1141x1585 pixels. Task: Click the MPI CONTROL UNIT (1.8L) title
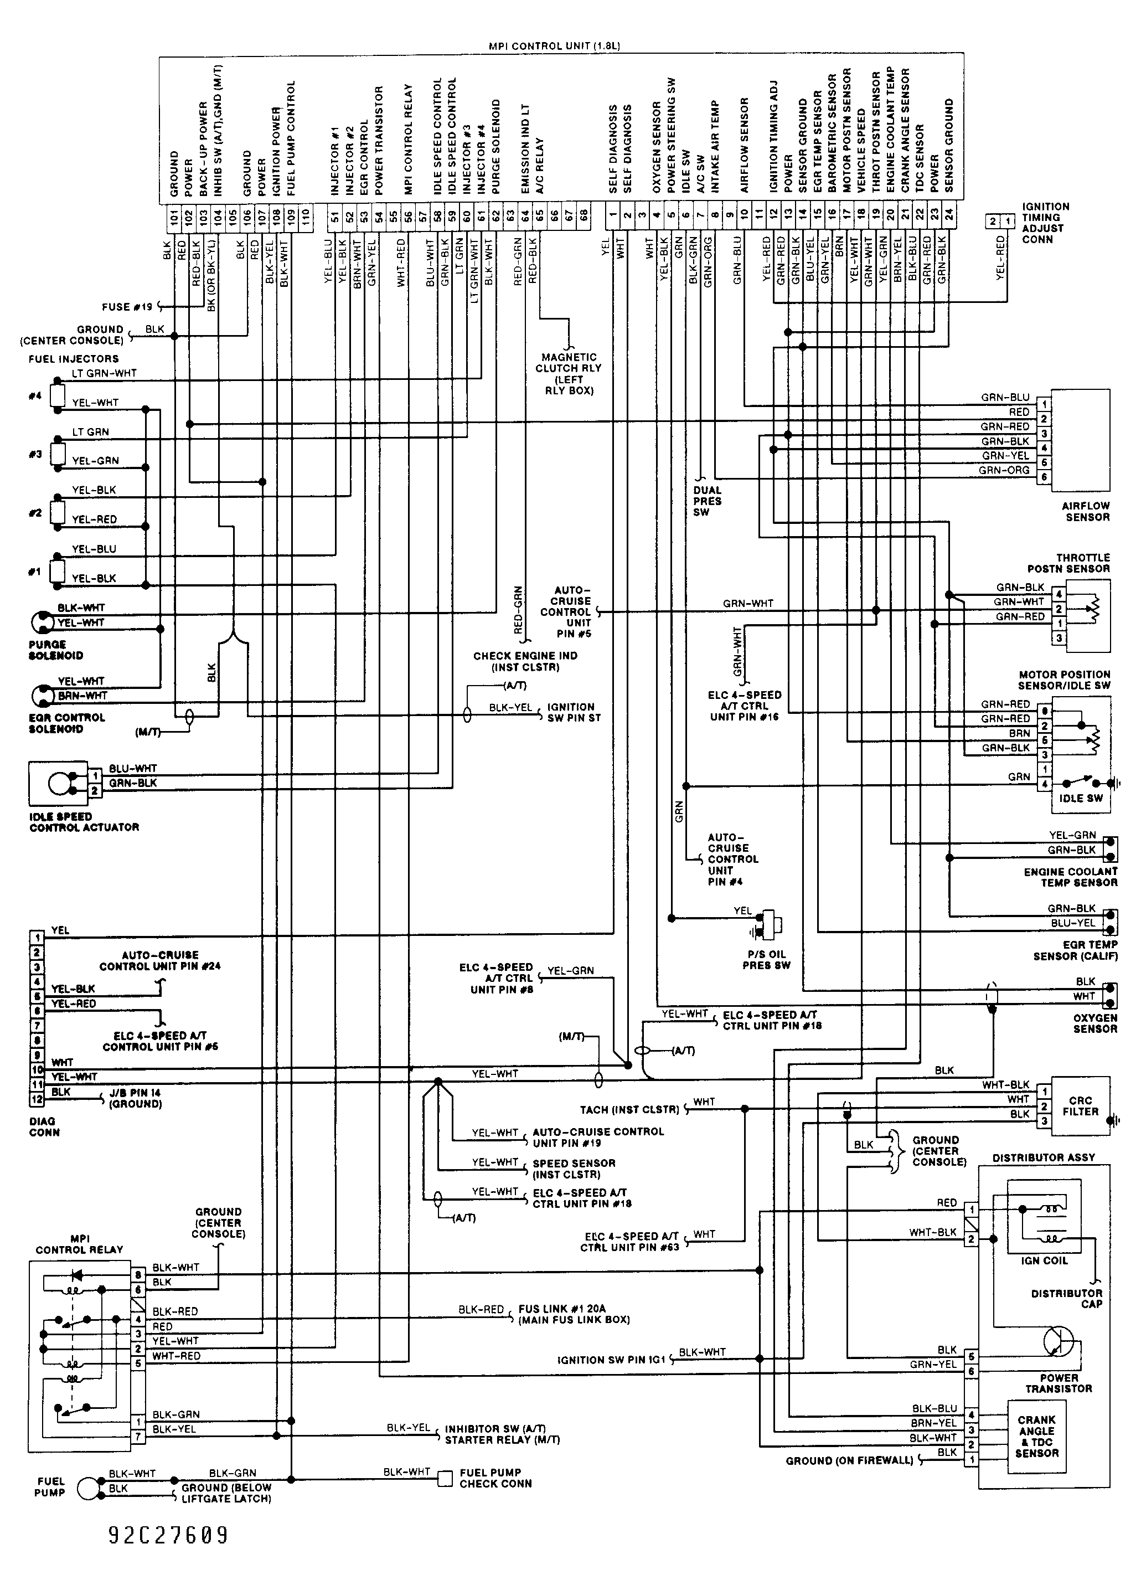[x=554, y=46]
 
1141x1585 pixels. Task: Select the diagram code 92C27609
[x=168, y=1535]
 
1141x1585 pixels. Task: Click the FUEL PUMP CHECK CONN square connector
[x=445, y=1478]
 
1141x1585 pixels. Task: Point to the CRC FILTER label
[x=1080, y=1107]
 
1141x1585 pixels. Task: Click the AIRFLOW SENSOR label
[x=1086, y=512]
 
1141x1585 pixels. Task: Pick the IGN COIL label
[x=1044, y=1260]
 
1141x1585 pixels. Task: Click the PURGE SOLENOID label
[x=56, y=650]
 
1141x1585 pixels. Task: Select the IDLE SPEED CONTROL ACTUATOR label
[x=84, y=822]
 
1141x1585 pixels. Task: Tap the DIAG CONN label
[x=44, y=1126]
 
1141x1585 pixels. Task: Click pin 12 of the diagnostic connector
[x=37, y=1099]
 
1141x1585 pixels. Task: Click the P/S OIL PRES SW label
[x=767, y=960]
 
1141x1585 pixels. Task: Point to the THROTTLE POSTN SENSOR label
[x=1068, y=563]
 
